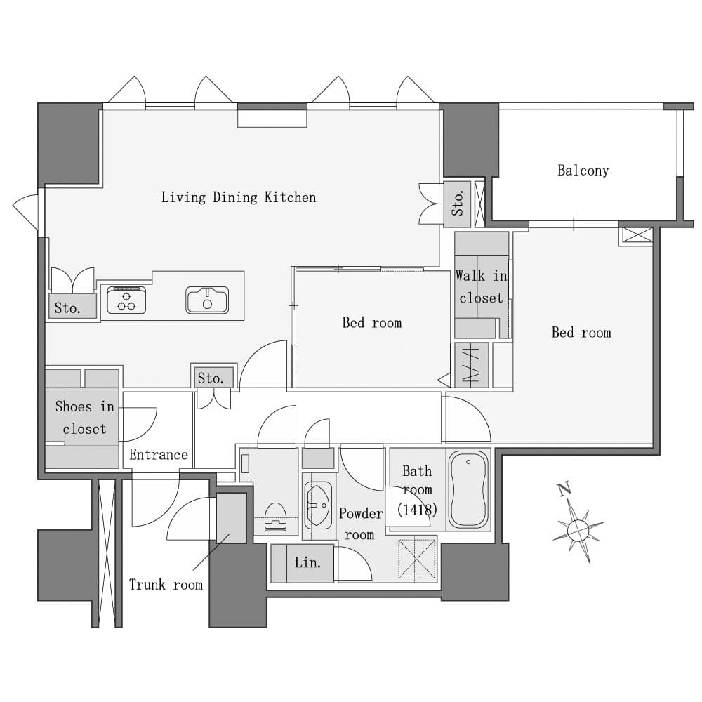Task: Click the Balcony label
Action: click(x=583, y=171)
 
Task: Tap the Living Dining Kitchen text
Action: click(x=239, y=197)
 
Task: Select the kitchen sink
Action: click(x=207, y=300)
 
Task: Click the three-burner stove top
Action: click(x=126, y=300)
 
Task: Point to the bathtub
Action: click(x=468, y=489)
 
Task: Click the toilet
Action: click(x=275, y=519)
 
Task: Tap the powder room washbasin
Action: click(x=318, y=505)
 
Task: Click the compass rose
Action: click(x=578, y=530)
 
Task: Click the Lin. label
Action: click(x=307, y=562)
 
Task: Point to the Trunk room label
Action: click(x=166, y=585)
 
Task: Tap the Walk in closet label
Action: click(x=482, y=286)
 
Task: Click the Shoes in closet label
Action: click(x=85, y=417)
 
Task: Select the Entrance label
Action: click(x=159, y=454)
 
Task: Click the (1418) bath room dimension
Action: click(x=417, y=510)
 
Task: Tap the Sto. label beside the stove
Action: click(x=67, y=308)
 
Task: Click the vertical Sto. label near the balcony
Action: click(x=457, y=204)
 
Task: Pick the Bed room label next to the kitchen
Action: click(x=371, y=323)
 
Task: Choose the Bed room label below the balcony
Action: click(x=581, y=333)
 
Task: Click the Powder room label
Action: click(x=361, y=524)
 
